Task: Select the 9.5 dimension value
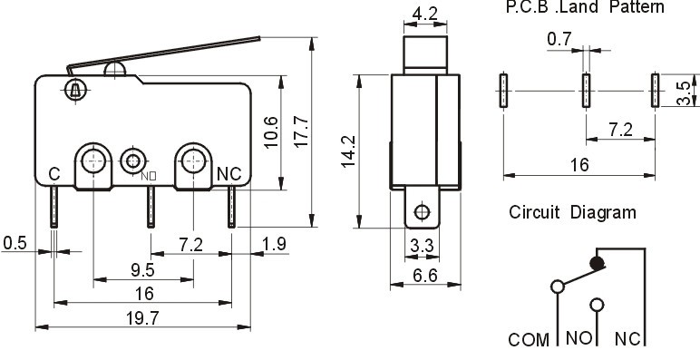[143, 270]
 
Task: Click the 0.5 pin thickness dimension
[15, 243]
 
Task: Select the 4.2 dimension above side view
[426, 15]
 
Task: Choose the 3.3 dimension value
[420, 244]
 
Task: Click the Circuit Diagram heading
[571, 212]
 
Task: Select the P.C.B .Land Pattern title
[584, 7]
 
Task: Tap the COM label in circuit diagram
[528, 341]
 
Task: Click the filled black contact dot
[596, 264]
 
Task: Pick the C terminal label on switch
[53, 173]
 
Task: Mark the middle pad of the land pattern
[586, 92]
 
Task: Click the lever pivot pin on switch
[73, 89]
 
